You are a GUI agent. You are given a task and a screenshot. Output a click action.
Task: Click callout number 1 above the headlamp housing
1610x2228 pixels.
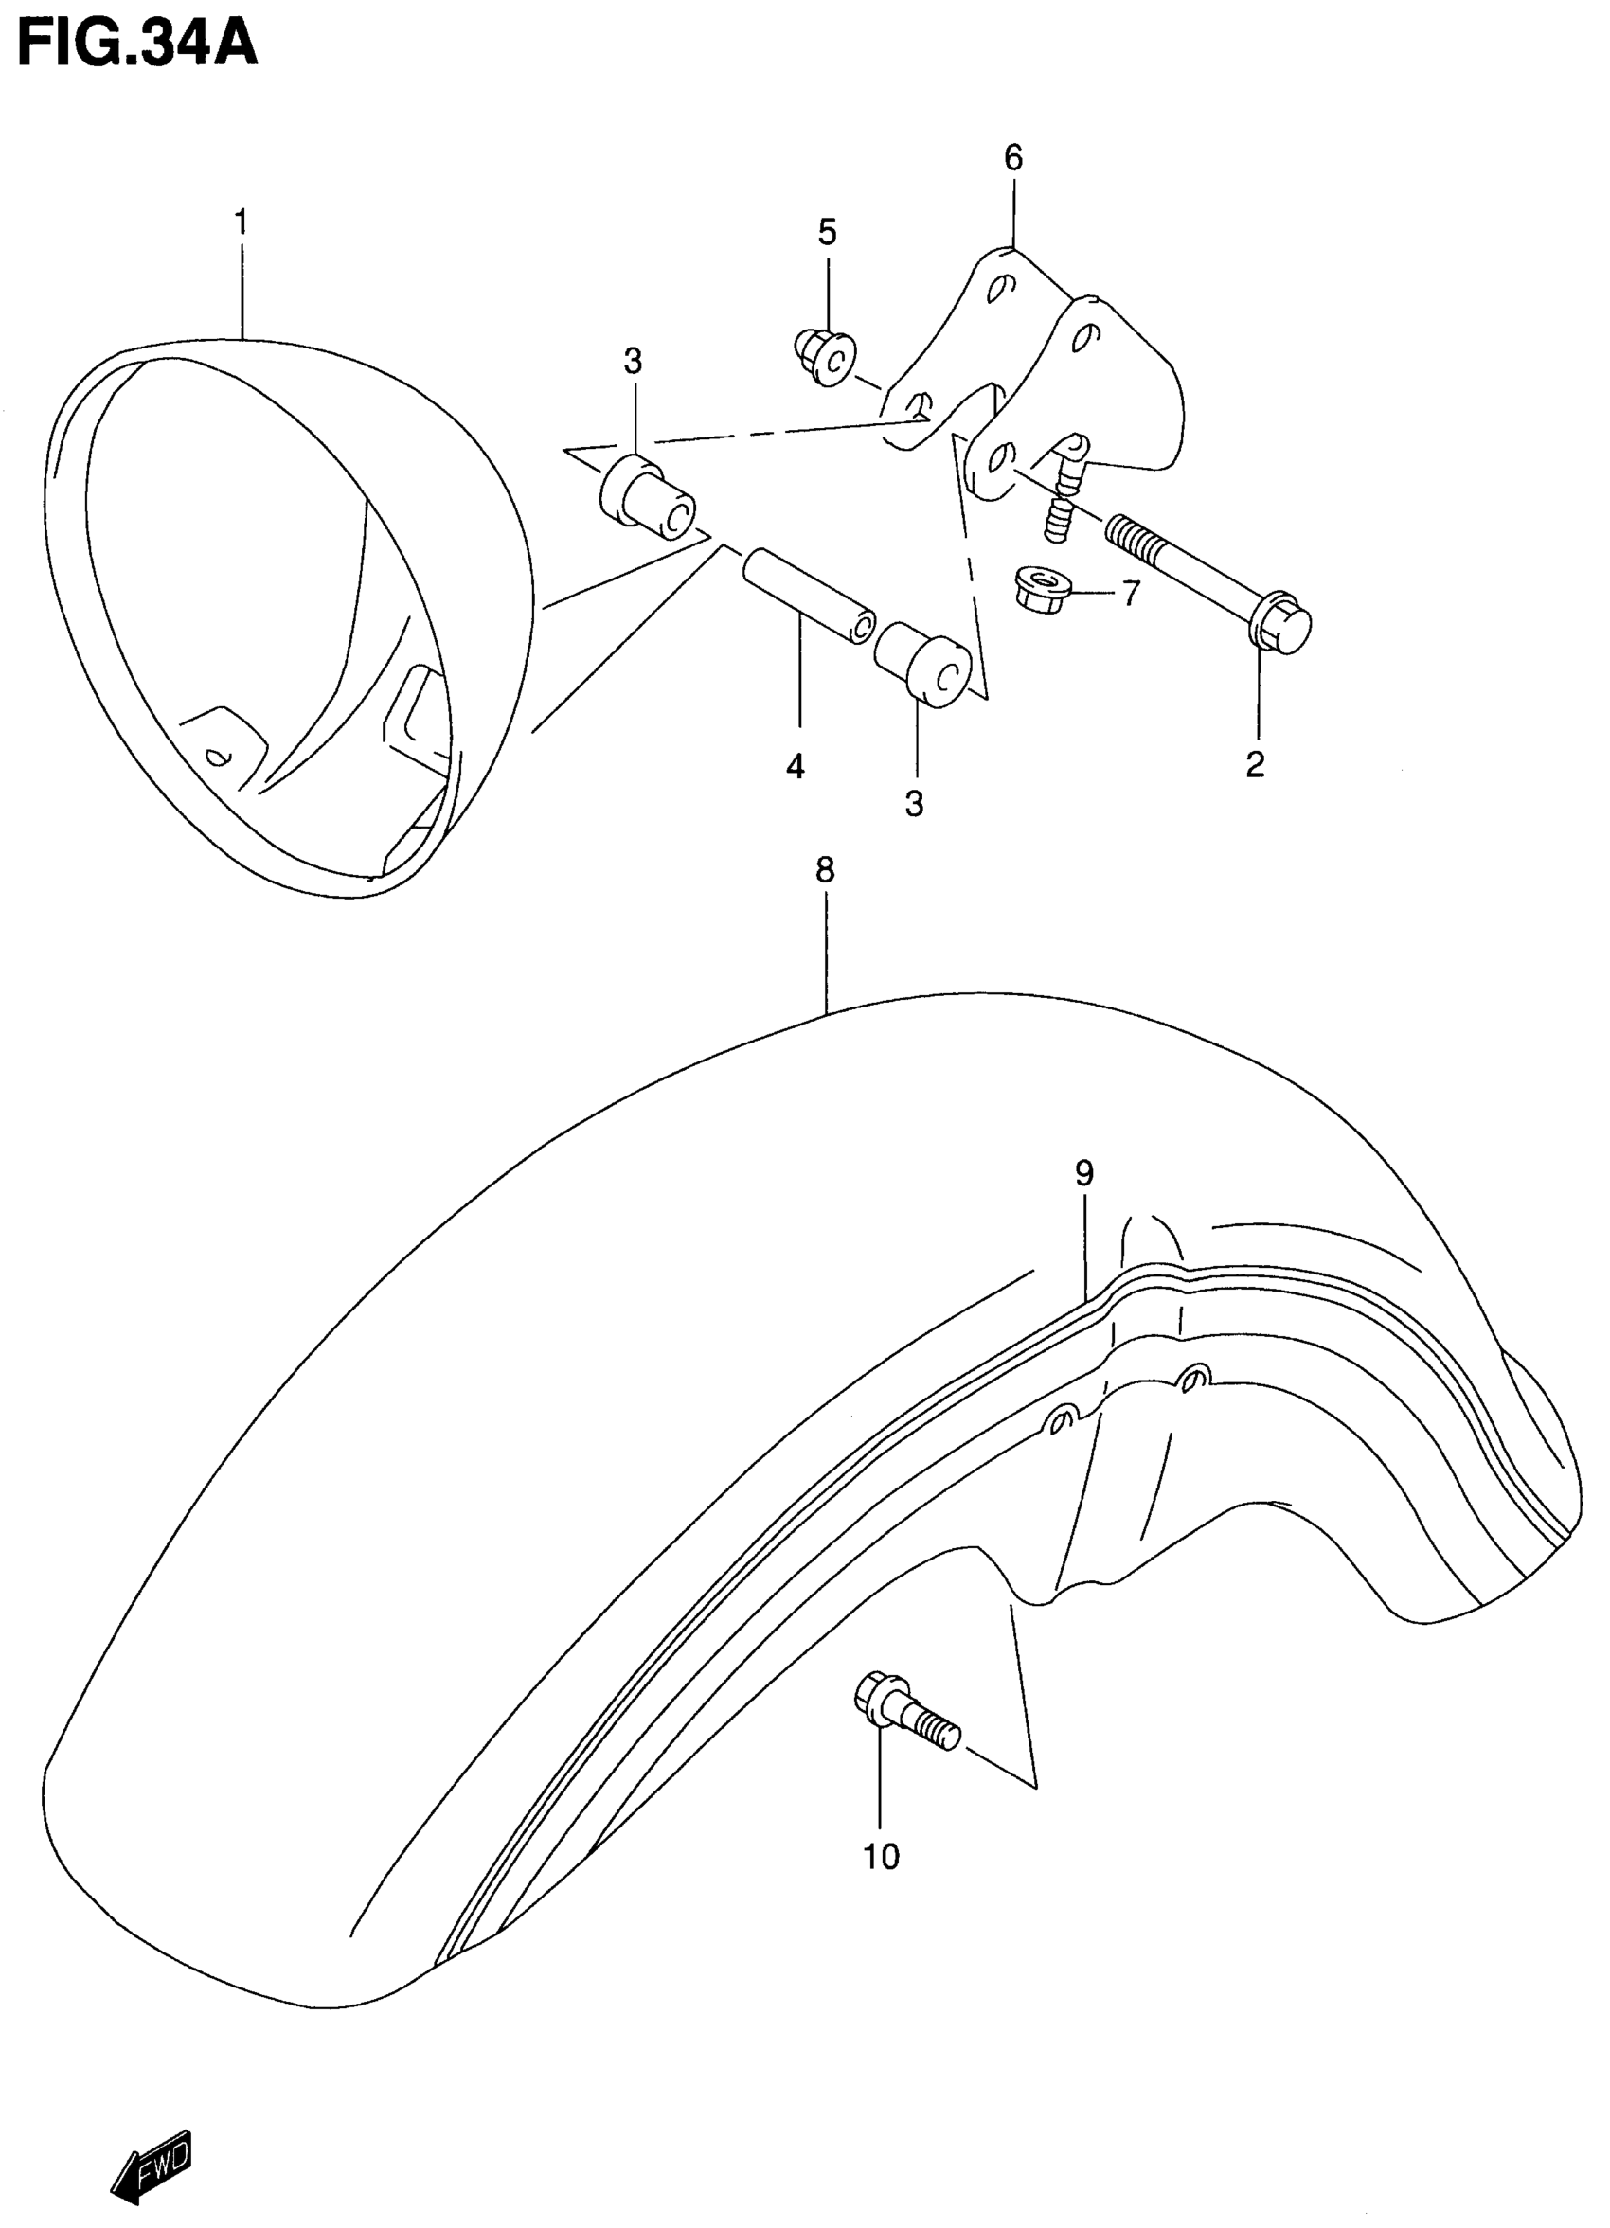coord(241,223)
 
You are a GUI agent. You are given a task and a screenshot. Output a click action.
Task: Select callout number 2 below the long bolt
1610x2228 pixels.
coord(1255,764)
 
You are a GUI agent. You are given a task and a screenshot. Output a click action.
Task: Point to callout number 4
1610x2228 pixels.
coord(796,766)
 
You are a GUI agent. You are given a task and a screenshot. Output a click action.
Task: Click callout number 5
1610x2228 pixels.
coord(827,233)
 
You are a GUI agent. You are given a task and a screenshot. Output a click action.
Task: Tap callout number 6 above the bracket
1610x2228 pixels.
coord(1012,157)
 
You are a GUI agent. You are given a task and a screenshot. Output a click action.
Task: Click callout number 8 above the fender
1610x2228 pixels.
coord(824,869)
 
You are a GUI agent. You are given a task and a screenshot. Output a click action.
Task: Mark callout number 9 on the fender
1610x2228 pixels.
coord(1083,1173)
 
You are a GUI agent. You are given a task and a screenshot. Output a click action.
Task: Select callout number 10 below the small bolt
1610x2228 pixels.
coord(881,1857)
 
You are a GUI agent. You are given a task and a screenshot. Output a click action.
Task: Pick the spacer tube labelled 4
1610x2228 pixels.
coord(808,596)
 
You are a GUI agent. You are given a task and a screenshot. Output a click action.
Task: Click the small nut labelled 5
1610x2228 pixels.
coord(824,358)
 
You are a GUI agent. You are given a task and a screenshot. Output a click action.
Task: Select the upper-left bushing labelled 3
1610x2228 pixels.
coord(646,496)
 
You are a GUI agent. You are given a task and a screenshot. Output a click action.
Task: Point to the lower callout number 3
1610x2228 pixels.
coord(915,804)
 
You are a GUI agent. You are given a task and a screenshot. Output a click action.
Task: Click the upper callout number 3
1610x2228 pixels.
coord(633,362)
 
